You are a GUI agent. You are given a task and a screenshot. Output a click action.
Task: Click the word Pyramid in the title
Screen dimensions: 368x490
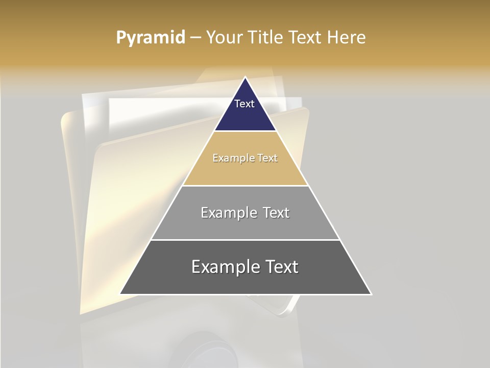click(150, 38)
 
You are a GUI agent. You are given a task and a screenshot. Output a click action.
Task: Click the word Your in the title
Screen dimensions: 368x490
click(224, 37)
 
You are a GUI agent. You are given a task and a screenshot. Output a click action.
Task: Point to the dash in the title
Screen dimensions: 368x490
click(195, 38)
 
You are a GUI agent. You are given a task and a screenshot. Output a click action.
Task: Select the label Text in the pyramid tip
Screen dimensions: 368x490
click(244, 104)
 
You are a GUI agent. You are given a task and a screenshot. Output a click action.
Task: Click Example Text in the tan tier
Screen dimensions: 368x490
click(245, 158)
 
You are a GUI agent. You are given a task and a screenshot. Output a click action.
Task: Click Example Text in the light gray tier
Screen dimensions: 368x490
click(245, 213)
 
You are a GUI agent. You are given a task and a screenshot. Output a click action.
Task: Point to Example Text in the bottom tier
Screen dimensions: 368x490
click(245, 267)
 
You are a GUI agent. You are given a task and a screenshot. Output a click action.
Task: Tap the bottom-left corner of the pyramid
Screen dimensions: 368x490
click(120, 294)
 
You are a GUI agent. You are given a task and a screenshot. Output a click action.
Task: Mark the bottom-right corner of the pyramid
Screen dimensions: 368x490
click(371, 294)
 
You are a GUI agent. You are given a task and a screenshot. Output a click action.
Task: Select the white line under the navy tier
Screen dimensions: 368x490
click(245, 131)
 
